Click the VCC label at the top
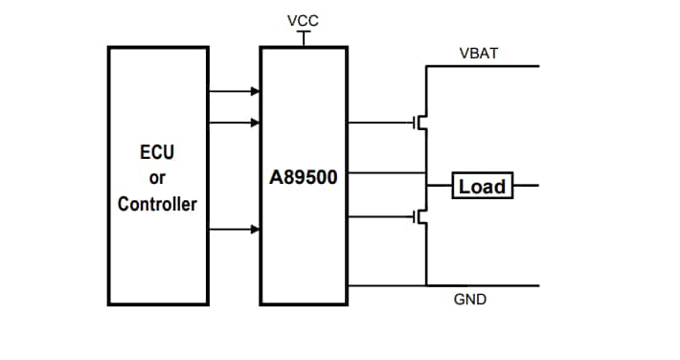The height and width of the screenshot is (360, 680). (304, 20)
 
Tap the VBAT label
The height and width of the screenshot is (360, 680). (478, 54)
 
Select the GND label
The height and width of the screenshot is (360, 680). (469, 301)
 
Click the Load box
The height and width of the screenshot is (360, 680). (483, 186)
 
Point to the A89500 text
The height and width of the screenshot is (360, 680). (304, 178)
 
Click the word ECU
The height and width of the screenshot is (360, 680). (157, 152)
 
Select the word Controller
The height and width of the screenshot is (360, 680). (157, 204)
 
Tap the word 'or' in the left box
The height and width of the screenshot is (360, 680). (157, 178)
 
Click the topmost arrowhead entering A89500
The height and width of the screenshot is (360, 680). (255, 92)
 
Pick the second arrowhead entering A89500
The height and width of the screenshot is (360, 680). (255, 123)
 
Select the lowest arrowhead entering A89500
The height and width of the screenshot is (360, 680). (255, 229)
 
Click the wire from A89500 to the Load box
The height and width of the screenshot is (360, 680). (383, 173)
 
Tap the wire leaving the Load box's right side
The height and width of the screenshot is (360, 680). (527, 186)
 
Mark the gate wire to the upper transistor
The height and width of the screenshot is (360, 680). (379, 123)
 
